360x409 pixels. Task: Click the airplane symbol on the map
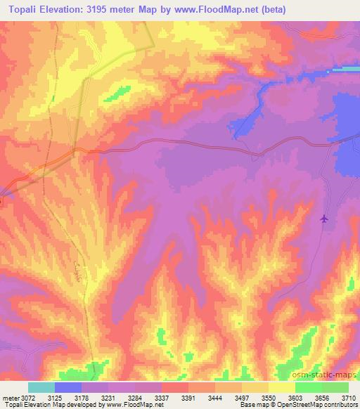tap(323, 220)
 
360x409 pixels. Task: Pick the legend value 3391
tap(188, 398)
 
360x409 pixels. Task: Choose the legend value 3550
tap(269, 398)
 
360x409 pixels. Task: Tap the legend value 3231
tap(108, 398)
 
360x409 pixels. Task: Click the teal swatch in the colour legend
tap(41, 387)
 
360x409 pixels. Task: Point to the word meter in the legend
tap(9, 398)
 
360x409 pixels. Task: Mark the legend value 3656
tap(323, 398)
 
